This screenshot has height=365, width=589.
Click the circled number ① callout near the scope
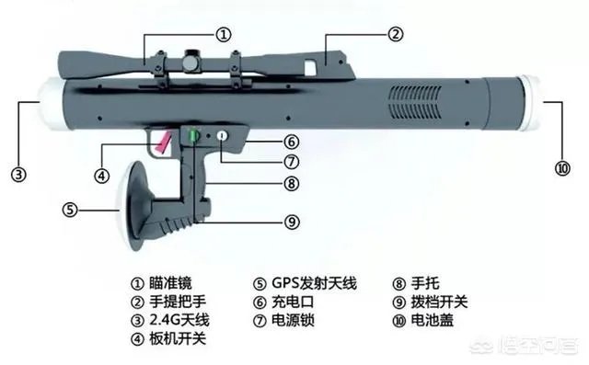click(x=224, y=34)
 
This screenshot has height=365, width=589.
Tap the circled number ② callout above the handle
click(x=395, y=34)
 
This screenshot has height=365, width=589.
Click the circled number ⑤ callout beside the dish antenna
click(x=69, y=209)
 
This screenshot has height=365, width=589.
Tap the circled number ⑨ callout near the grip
click(x=291, y=221)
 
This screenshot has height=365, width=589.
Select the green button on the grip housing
click(x=195, y=138)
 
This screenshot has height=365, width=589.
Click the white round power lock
click(x=222, y=137)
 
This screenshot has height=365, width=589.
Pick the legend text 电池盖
click(x=432, y=323)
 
